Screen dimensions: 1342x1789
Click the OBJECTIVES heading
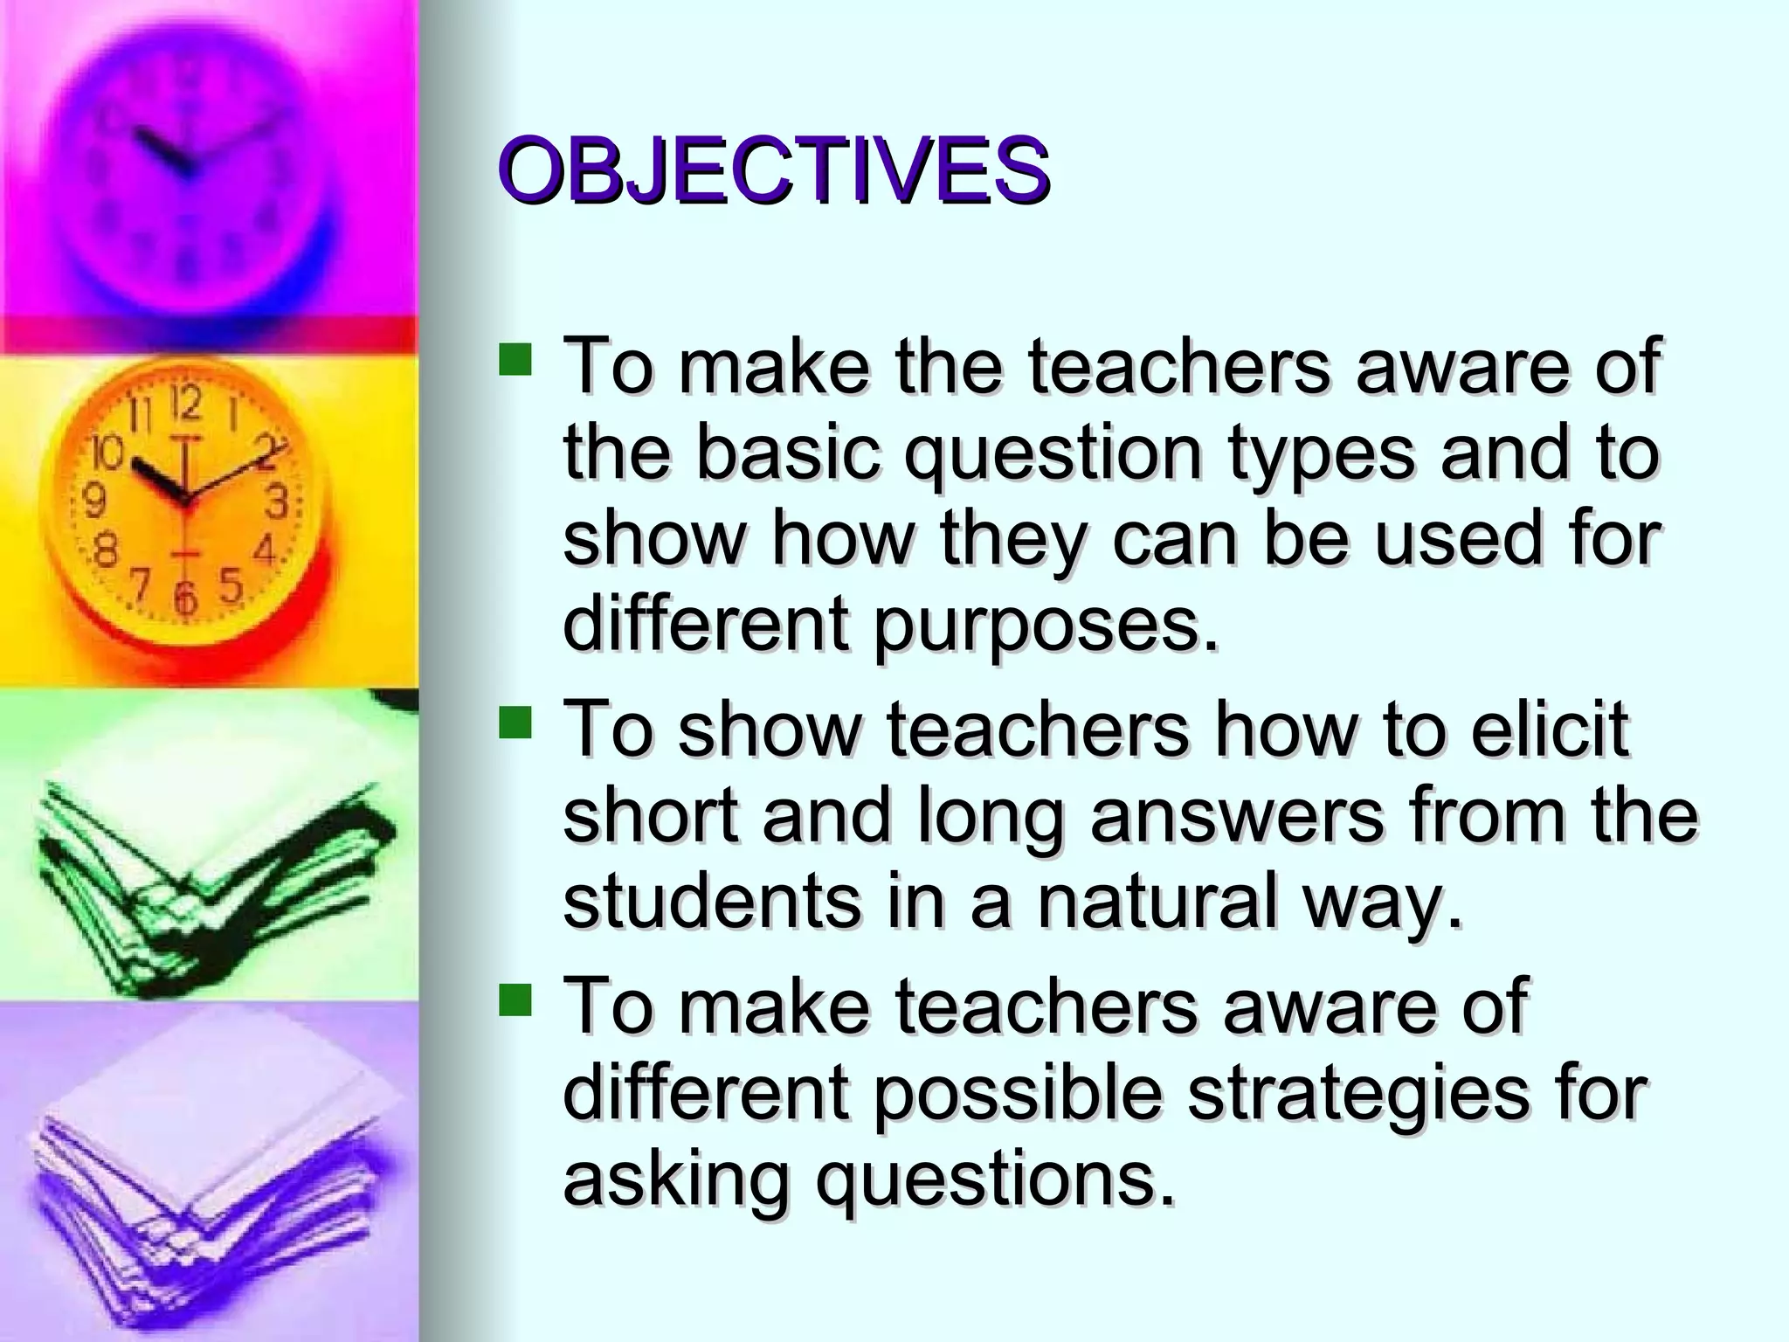coord(774,170)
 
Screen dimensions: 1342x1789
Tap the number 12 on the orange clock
coord(185,404)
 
